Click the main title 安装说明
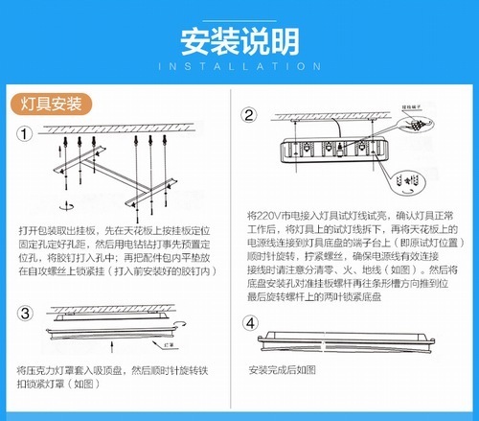click(x=239, y=39)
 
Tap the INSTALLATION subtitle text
click(x=239, y=66)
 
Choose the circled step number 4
click(x=250, y=322)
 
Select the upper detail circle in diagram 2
click(x=413, y=128)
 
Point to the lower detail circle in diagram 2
click(x=411, y=178)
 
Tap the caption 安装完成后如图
click(x=283, y=370)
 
